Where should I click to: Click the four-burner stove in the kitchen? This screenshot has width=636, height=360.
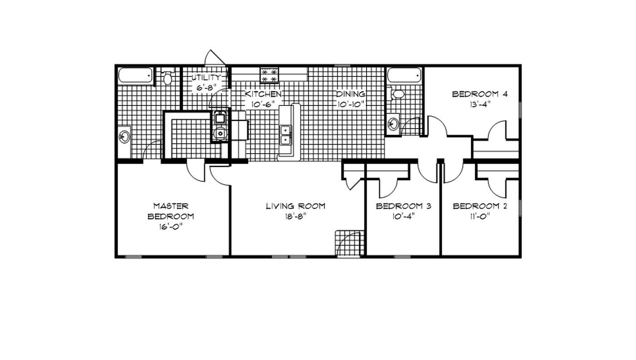pos(269,75)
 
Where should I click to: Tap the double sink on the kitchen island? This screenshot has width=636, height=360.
pos(286,135)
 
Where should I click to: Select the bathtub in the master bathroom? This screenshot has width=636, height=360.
pos(135,75)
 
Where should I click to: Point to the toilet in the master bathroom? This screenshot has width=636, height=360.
pos(168,78)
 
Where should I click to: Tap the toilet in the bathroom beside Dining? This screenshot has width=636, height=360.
pos(398,94)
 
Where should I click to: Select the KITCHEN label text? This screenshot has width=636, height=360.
pos(263,94)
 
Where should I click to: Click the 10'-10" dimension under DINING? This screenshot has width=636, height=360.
pos(350,104)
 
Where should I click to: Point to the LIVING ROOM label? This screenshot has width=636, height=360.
pos(295,206)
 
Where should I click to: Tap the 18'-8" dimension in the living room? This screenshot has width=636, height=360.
pos(295,216)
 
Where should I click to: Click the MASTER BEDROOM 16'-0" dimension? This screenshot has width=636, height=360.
pos(170,227)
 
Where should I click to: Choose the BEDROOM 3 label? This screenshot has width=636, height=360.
pos(403,206)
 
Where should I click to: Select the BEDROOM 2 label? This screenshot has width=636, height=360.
pos(480,206)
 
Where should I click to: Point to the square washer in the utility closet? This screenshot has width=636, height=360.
pos(220,119)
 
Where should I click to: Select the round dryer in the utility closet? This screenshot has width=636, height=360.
pos(220,133)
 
